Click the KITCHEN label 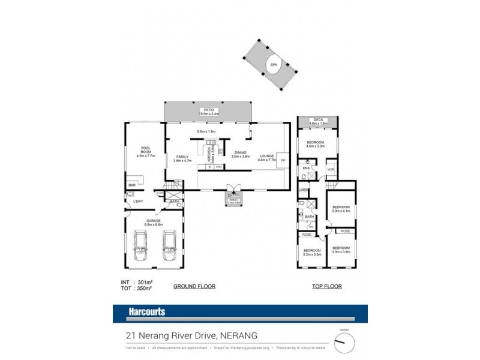pyautogui.click(x=209, y=155)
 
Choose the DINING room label pyautogui.click(x=241, y=154)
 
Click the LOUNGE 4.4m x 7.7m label pyautogui.click(x=266, y=157)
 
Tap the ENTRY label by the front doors pyautogui.click(x=233, y=196)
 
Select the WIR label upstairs pyautogui.click(x=330, y=169)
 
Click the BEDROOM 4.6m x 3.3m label pyautogui.click(x=315, y=143)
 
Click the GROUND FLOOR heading pyautogui.click(x=194, y=287)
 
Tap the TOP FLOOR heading pyautogui.click(x=328, y=287)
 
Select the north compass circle pyautogui.click(x=345, y=343)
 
